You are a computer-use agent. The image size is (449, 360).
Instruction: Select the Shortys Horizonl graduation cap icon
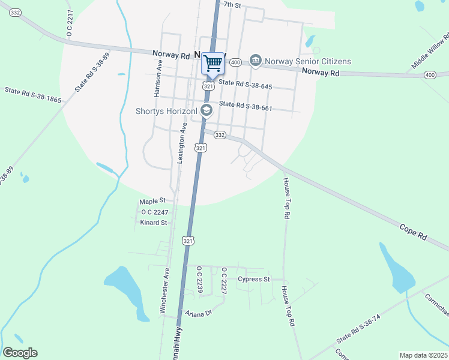206,110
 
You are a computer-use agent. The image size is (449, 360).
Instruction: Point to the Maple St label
152,201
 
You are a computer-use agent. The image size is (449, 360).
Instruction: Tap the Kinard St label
153,223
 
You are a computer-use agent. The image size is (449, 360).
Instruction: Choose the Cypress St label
254,279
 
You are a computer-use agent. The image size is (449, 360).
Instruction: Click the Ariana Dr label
199,313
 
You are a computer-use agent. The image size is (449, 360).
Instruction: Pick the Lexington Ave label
181,143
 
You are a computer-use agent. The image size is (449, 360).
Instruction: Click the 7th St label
232,5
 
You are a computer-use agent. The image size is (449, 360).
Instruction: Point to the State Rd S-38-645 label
246,86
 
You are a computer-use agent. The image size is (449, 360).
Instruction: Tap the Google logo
20,353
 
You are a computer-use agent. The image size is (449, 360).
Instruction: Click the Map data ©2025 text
423,355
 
